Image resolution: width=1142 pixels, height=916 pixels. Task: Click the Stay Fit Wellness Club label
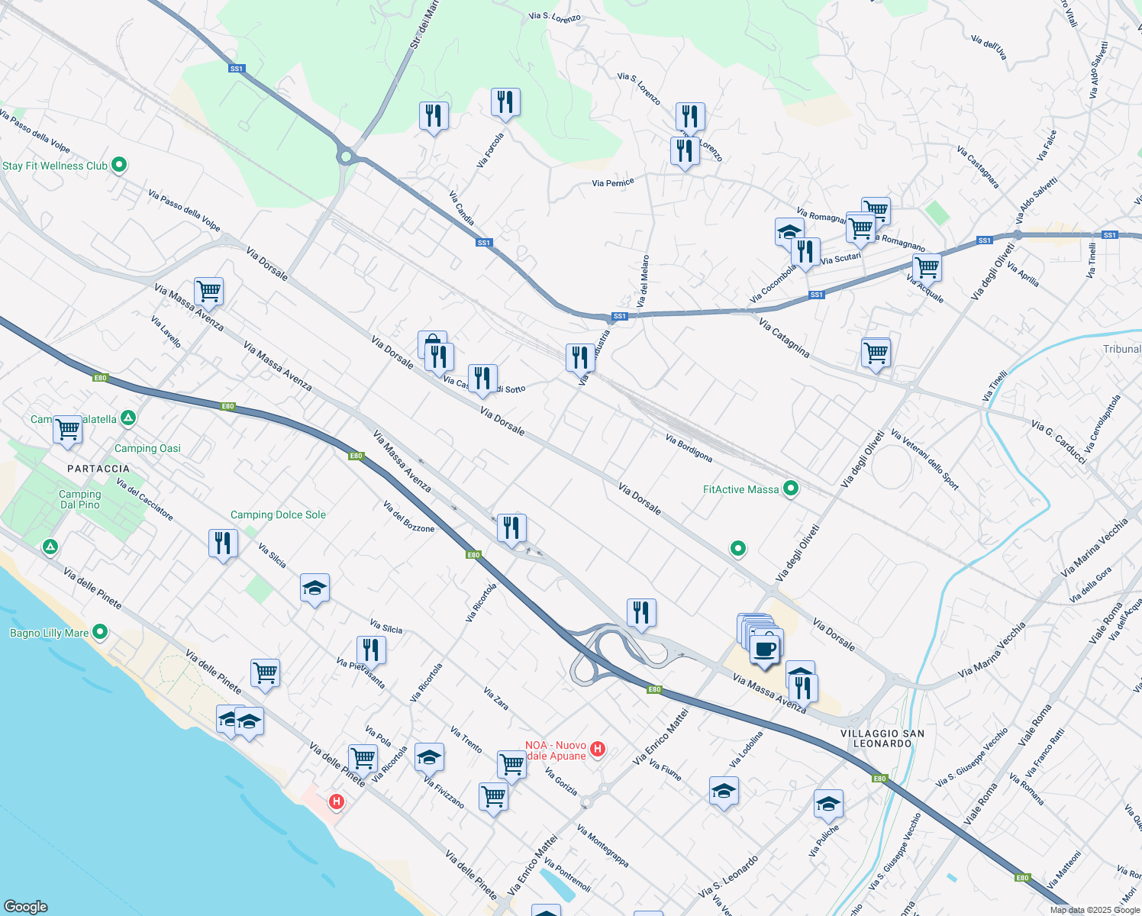55,166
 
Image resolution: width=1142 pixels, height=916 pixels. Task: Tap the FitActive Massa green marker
791,489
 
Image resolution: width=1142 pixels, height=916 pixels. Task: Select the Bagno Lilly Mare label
49,633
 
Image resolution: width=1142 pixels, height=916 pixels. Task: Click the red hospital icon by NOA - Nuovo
598,750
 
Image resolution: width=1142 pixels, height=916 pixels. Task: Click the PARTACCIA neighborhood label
98,469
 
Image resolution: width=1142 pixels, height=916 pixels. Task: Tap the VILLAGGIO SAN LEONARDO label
882,738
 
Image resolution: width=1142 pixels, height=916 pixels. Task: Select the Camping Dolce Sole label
278,515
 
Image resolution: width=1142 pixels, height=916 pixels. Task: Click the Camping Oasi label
147,448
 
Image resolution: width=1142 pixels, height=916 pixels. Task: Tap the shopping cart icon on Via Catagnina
876,353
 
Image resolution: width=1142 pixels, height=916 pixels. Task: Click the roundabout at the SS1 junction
346,157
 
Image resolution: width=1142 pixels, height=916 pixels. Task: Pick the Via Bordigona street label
689,449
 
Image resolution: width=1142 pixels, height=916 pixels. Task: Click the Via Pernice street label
613,183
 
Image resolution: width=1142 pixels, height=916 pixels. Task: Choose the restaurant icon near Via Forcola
505,102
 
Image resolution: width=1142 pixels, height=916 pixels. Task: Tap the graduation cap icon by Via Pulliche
828,804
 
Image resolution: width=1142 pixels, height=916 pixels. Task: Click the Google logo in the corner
25,906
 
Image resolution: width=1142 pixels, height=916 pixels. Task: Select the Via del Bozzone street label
408,517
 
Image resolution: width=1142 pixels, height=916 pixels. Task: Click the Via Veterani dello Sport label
924,460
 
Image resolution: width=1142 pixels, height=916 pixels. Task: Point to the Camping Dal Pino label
80,499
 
